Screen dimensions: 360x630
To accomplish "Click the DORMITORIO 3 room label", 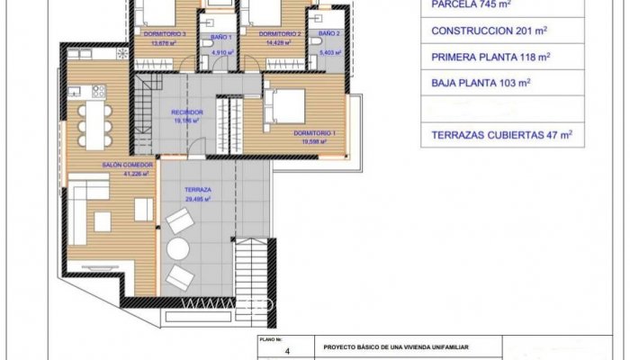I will pyautogui.click(x=165, y=33).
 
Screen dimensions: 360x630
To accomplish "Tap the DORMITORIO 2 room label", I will pyautogui.click(x=280, y=33).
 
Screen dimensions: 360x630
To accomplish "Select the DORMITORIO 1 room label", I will pyautogui.click(x=314, y=133).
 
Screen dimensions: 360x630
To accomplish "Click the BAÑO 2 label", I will pyautogui.click(x=328, y=33).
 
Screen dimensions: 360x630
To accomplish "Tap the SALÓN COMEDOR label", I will pyautogui.click(x=128, y=166).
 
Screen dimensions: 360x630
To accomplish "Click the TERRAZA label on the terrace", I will pyautogui.click(x=198, y=190).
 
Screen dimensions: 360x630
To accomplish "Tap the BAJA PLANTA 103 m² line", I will pyautogui.click(x=481, y=82).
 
